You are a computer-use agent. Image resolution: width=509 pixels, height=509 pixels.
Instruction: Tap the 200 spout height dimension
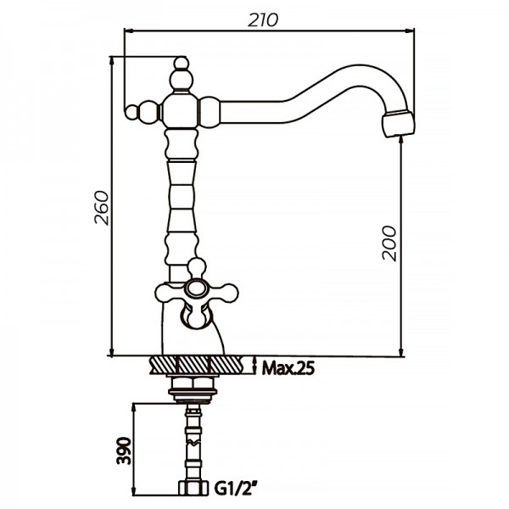(x=389, y=244)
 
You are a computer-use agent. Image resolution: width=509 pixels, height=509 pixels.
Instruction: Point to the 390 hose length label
(x=122, y=448)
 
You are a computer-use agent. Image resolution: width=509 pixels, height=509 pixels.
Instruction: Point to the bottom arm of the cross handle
(x=196, y=316)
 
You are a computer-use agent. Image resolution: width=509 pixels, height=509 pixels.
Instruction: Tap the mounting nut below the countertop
(x=194, y=388)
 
